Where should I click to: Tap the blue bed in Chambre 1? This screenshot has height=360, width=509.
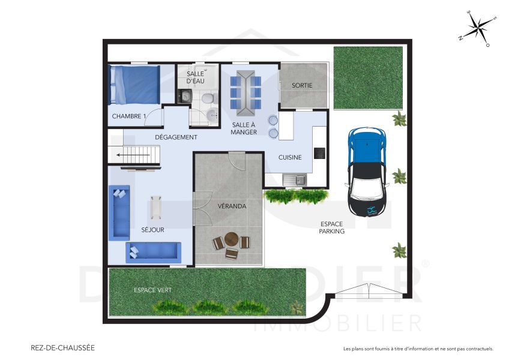[x=134, y=85]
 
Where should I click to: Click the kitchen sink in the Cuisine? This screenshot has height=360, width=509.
[x=295, y=179]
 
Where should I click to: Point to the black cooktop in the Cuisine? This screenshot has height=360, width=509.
[x=319, y=153]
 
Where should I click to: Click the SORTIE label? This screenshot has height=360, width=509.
[x=302, y=85]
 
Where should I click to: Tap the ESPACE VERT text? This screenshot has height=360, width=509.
[x=152, y=290]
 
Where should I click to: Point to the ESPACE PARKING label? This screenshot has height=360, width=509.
[x=331, y=227]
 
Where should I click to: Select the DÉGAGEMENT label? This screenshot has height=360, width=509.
[x=176, y=137]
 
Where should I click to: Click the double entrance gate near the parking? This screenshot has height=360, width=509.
[x=367, y=292]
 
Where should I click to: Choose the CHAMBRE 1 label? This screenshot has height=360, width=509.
[x=128, y=116]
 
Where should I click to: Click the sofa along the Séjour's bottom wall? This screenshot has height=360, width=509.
[x=152, y=251]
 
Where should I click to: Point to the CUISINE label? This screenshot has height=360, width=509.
[x=290, y=157]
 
